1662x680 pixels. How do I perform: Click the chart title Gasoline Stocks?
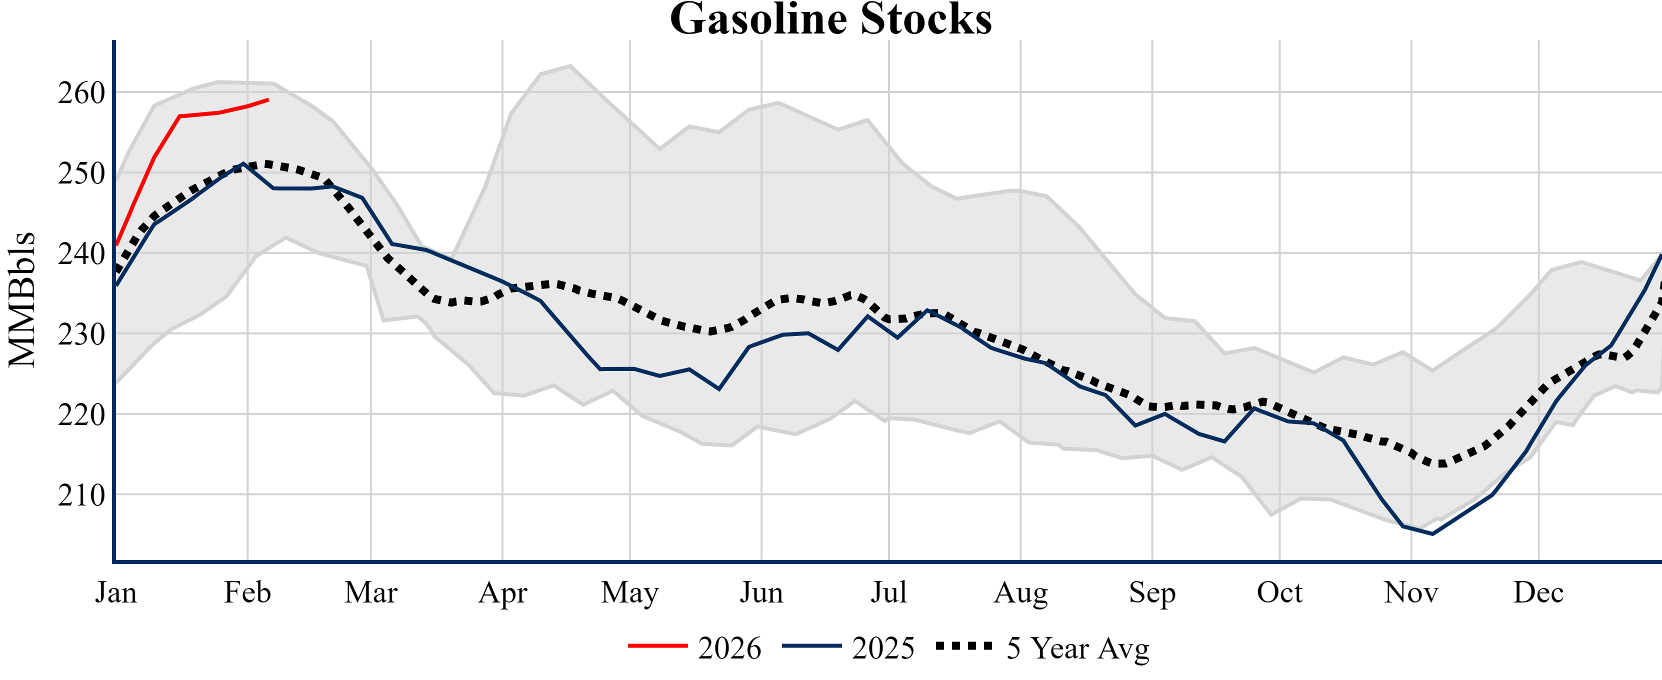(831, 19)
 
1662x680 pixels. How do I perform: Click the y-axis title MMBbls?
(22, 300)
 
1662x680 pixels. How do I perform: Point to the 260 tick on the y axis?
(81, 93)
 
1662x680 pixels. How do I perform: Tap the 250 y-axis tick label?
(81, 173)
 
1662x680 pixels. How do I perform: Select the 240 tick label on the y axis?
(81, 254)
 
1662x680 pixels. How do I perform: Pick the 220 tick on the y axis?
(81, 415)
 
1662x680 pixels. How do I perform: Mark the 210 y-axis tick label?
(81, 495)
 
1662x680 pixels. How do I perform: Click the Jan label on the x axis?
(116, 592)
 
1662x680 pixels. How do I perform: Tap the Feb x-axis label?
(247, 592)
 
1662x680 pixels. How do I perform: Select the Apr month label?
(502, 592)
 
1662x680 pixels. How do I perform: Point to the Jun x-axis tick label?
(761, 592)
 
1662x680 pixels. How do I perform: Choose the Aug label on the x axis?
(1020, 592)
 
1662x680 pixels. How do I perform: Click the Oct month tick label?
(1279, 592)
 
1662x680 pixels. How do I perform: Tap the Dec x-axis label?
(1539, 592)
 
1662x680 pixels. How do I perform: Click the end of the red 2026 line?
(268, 100)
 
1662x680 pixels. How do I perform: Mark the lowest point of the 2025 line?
(1432, 533)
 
